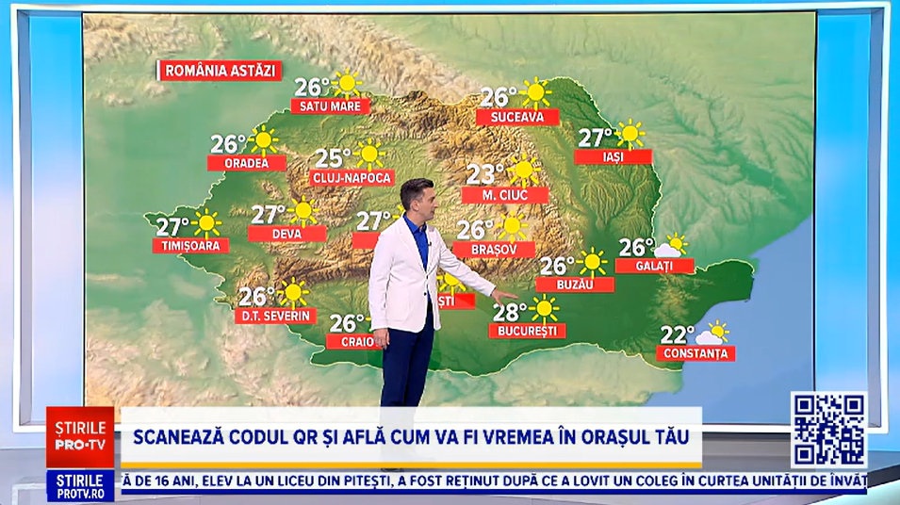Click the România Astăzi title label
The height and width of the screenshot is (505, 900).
(x=221, y=71)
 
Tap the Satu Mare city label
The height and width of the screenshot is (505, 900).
(x=330, y=106)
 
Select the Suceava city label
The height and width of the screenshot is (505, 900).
(x=517, y=117)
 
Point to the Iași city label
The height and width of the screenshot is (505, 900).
(x=613, y=156)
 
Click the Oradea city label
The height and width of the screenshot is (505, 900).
(x=247, y=163)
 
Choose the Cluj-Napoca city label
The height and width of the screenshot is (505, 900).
(x=352, y=177)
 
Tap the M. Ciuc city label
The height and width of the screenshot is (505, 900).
(x=505, y=195)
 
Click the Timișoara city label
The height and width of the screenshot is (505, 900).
(x=189, y=246)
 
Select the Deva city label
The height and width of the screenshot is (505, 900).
(x=287, y=234)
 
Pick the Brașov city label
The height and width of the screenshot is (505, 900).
(x=493, y=249)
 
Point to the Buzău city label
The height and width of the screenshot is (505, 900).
(x=575, y=284)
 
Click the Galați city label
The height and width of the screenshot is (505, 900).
(x=654, y=266)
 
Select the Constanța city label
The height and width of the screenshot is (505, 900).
(x=696, y=353)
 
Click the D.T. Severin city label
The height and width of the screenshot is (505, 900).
(x=274, y=316)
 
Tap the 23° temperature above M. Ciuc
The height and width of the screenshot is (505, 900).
(x=486, y=173)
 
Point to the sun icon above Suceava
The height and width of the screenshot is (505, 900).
(x=535, y=92)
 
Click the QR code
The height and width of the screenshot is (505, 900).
(x=827, y=430)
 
